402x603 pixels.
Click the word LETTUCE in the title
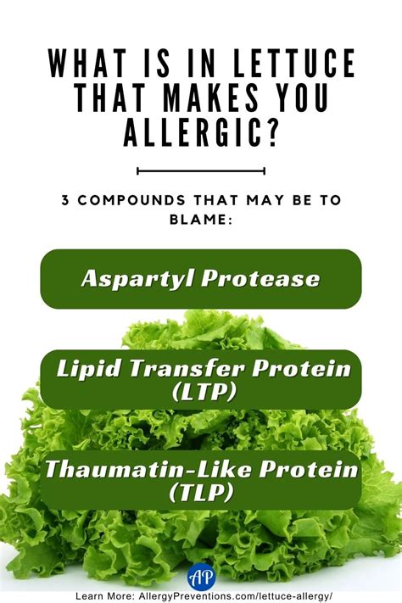click(x=294, y=63)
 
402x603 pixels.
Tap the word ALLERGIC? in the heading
click(x=200, y=132)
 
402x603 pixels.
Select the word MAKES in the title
click(x=211, y=98)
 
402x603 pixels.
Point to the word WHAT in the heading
click(x=87, y=63)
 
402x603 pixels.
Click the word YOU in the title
click(x=302, y=98)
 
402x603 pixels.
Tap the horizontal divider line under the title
click(x=201, y=170)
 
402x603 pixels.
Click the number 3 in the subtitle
click(x=65, y=200)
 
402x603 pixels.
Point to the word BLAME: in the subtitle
click(x=201, y=219)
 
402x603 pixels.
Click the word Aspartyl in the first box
click(x=137, y=277)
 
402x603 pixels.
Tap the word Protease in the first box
click(x=260, y=277)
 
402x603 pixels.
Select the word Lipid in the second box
click(x=90, y=369)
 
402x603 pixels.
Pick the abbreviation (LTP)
click(x=204, y=393)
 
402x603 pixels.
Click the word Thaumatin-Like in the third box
click(x=149, y=469)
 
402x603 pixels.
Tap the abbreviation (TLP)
click(x=201, y=492)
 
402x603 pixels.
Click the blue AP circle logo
click(x=202, y=576)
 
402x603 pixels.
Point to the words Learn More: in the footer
click(x=105, y=596)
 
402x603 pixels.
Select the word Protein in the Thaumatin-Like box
click(x=309, y=469)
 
